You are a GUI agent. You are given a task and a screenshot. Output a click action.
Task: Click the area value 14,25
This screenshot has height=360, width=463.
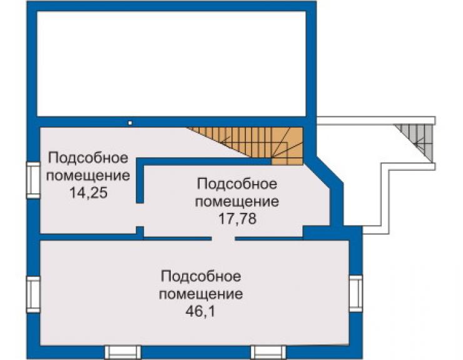88,193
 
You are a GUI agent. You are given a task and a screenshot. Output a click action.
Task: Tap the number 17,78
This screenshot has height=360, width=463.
237,219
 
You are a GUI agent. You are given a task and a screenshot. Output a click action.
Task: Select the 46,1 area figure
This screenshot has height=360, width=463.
200,311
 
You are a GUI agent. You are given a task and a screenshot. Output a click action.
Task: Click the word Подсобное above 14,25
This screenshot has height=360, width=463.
88,158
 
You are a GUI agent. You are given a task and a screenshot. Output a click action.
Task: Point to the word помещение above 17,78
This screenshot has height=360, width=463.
237,202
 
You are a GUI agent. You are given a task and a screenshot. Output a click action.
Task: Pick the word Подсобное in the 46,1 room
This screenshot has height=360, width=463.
201,277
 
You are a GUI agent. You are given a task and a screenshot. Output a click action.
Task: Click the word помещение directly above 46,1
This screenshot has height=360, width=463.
201,294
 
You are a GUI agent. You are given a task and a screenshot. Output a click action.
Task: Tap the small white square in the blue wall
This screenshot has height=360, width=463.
130,123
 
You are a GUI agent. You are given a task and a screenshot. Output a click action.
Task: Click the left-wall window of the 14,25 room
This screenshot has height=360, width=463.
33,180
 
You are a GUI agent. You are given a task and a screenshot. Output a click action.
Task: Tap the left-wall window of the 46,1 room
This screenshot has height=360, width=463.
33,294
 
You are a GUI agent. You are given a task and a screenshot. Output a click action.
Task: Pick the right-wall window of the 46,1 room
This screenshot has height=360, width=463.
356,293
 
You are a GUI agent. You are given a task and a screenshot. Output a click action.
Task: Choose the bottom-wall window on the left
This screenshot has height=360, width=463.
123,352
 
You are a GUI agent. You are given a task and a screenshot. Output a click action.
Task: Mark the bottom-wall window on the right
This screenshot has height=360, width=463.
268,352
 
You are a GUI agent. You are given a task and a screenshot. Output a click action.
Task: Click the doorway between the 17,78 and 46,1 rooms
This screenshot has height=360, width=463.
223,239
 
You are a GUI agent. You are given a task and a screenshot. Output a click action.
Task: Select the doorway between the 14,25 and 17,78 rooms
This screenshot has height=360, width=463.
140,215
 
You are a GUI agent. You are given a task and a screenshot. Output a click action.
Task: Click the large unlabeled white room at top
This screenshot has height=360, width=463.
171,63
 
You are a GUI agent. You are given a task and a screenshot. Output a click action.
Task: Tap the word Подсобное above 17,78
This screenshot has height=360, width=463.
237,184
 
